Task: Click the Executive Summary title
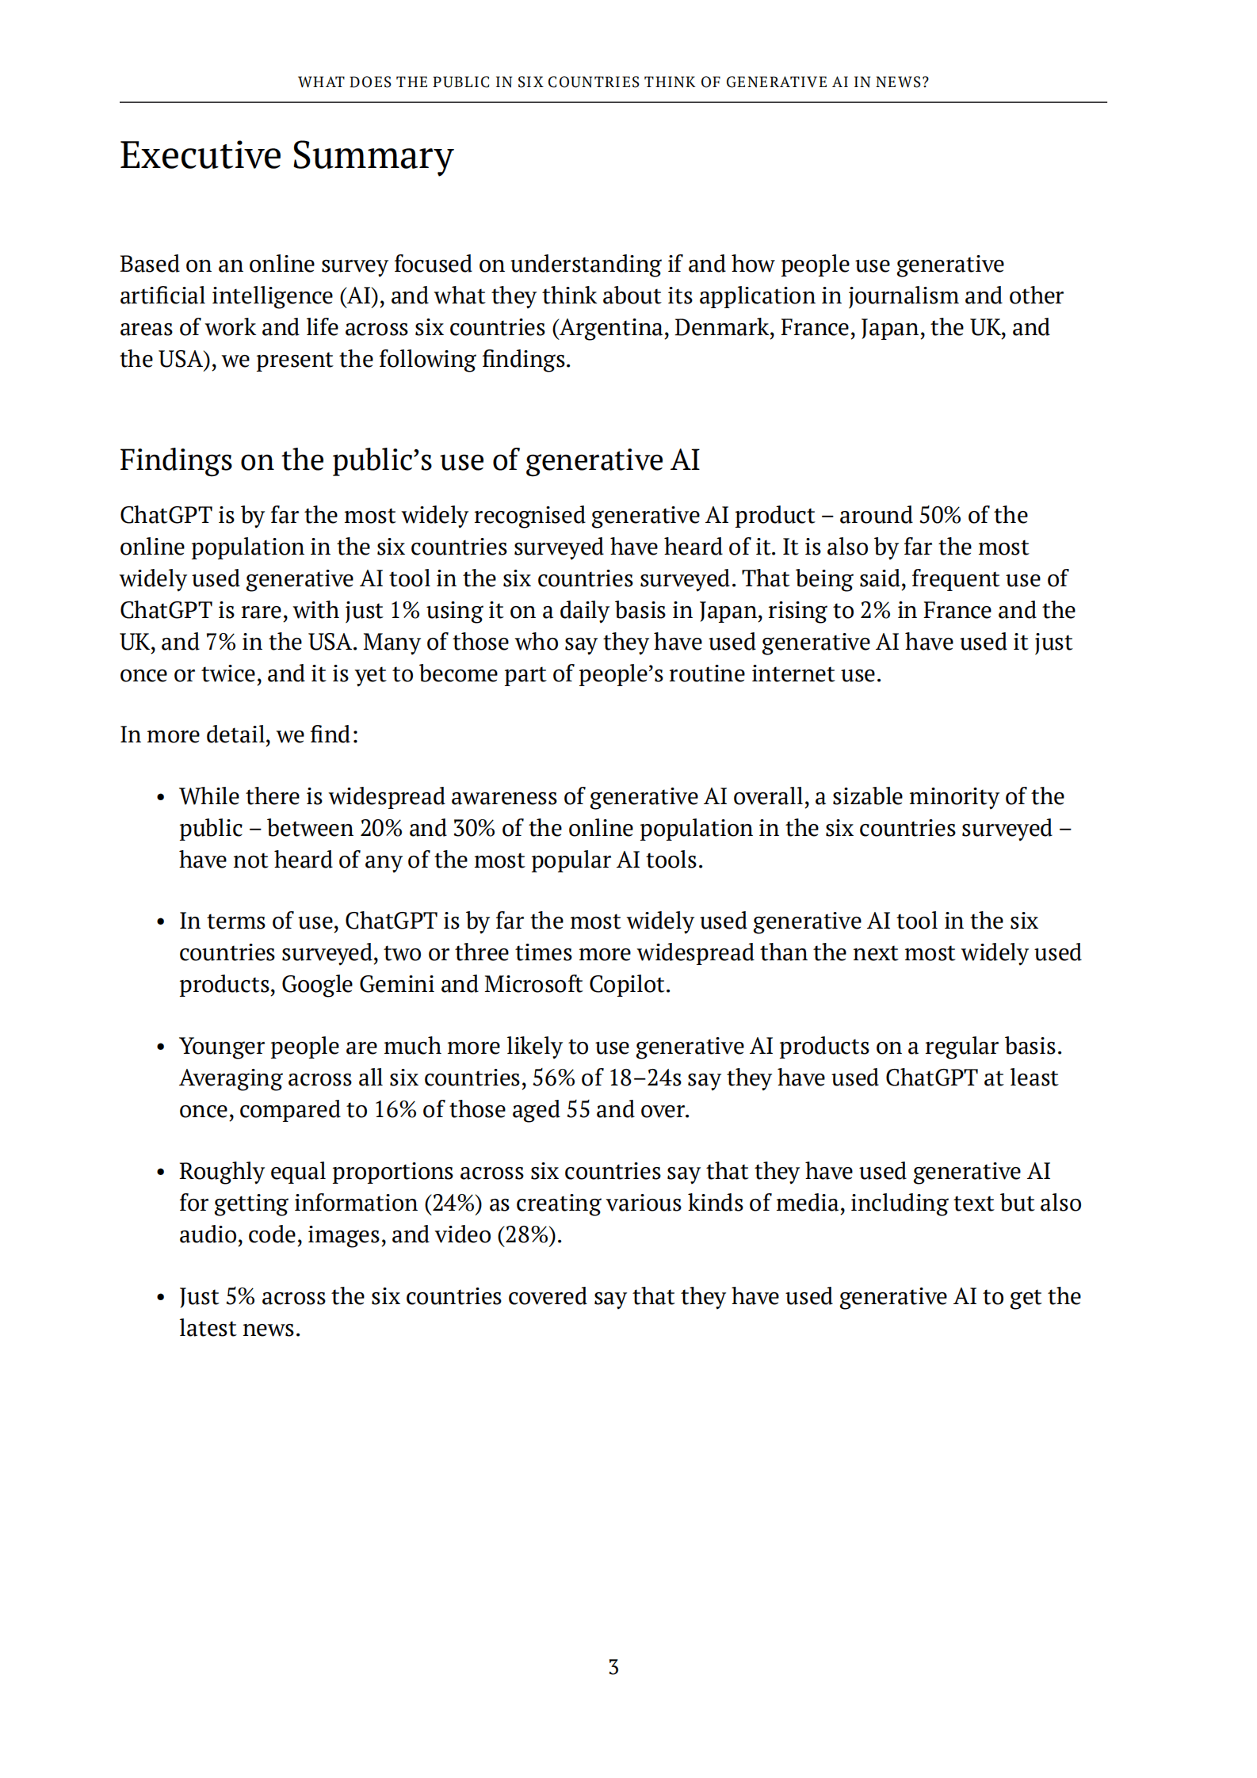tap(286, 155)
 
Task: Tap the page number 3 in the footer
tap(613, 1667)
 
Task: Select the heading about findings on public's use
tap(409, 460)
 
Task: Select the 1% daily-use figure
tap(404, 611)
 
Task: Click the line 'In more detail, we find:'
tap(239, 735)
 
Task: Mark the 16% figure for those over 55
tap(395, 1110)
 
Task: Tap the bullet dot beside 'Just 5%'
tap(161, 1298)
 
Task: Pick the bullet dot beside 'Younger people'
tap(161, 1047)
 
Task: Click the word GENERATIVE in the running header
tap(775, 82)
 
